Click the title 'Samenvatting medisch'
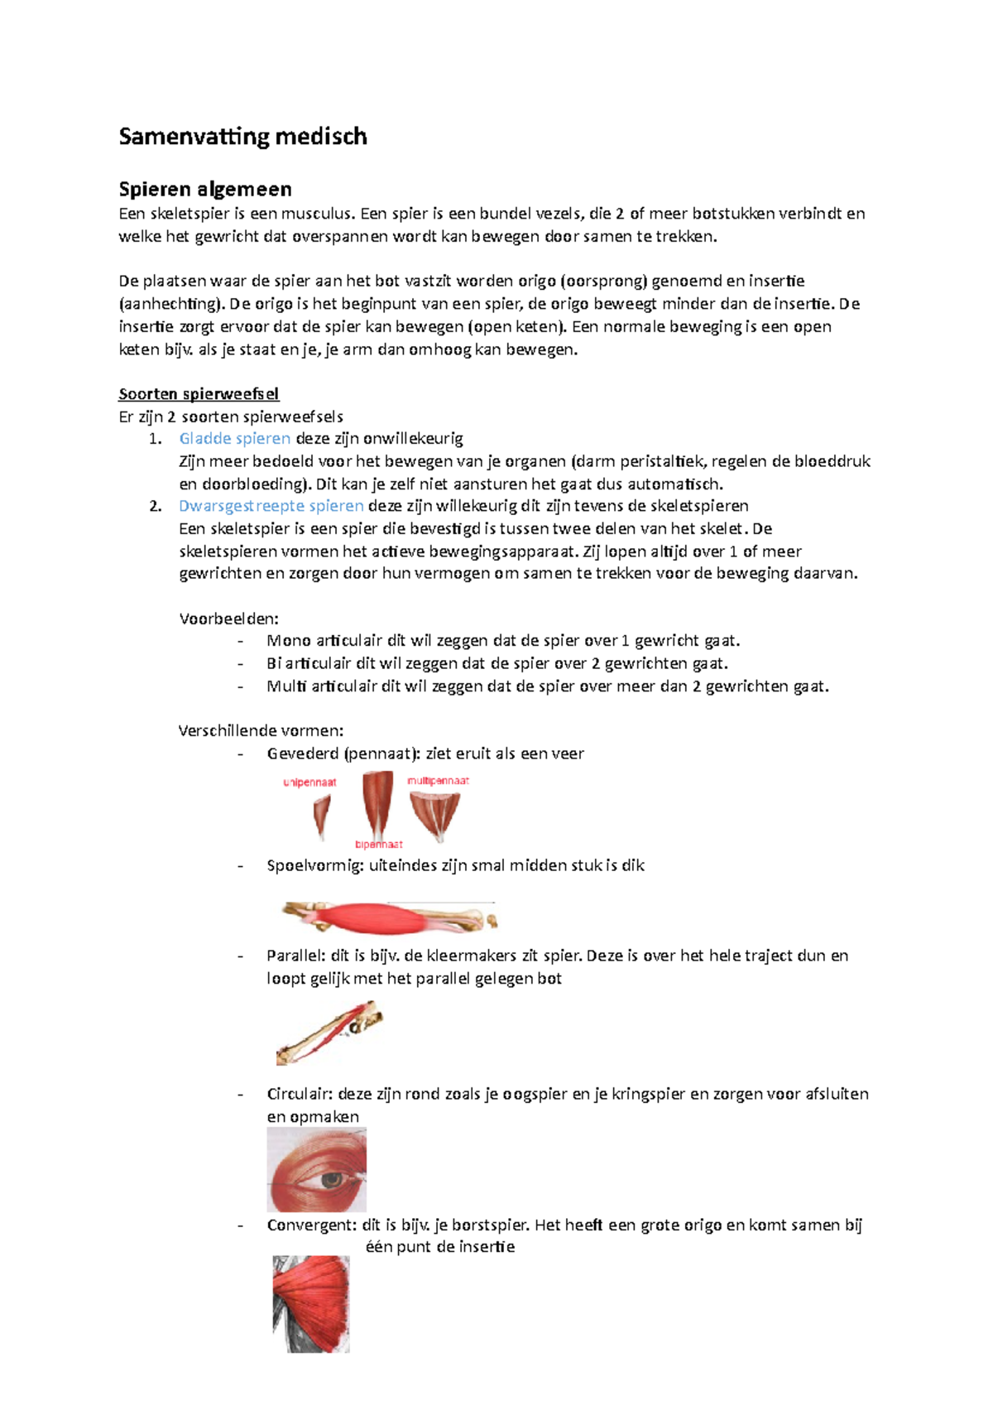[242, 137]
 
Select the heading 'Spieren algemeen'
[204, 189]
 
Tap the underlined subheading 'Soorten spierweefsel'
[199, 393]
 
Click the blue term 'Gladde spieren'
[234, 438]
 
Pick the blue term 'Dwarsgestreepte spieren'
[271, 506]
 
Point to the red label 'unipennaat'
[309, 782]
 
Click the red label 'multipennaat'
[438, 780]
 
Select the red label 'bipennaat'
[378, 845]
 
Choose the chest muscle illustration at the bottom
[311, 1304]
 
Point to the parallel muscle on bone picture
[329, 1033]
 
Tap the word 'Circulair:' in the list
[300, 1094]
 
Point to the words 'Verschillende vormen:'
[261, 730]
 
